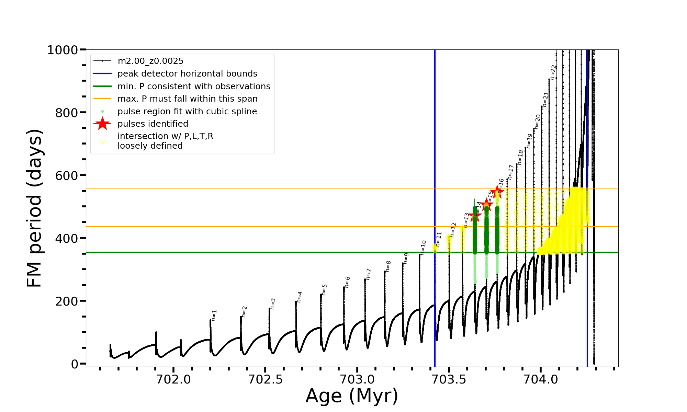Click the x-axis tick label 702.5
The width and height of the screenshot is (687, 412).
coord(265,379)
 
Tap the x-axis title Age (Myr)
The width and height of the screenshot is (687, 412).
coord(352,396)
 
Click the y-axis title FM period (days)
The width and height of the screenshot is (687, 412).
coord(34,208)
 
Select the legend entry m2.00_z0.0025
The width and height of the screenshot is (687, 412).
coord(150,61)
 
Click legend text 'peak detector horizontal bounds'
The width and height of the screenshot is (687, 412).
coord(187,74)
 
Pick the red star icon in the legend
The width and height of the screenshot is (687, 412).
coord(102,124)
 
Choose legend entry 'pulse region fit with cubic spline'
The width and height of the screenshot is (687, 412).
coord(187,112)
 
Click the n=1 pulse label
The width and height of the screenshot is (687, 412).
coord(214,315)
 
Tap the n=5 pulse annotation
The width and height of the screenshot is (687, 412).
coord(324,289)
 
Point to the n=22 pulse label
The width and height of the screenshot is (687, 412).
coord(553,72)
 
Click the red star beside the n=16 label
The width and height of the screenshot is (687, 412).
coord(497,192)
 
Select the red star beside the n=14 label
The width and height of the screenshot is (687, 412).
coord(475,216)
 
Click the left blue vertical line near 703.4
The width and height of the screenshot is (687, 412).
coord(435,206)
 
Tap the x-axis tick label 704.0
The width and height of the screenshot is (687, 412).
coord(541,379)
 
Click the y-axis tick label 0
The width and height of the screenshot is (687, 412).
coord(75,364)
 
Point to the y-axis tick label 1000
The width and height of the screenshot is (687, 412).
coord(63,50)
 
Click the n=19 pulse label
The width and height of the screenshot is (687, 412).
coord(529,141)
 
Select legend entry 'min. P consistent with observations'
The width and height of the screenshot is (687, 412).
coord(194,87)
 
